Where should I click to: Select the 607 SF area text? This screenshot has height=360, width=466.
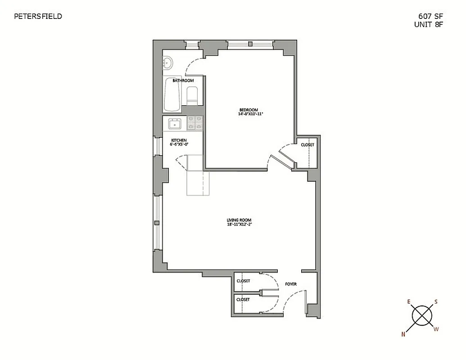click(430, 17)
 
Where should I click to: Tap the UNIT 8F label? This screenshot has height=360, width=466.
click(429, 25)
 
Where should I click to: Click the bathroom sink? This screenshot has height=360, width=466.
click(168, 63)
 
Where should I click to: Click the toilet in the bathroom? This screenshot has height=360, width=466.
click(192, 96)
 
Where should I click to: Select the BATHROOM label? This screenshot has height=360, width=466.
click(183, 81)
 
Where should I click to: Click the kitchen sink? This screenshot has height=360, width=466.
click(174, 123)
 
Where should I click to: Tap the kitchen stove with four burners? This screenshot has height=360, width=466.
click(195, 123)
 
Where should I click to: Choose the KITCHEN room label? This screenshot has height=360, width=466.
click(179, 140)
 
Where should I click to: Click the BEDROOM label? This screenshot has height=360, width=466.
click(249, 110)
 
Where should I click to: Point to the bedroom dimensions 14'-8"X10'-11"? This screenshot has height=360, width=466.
click(250, 114)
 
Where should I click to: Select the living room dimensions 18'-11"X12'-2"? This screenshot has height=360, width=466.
click(239, 225)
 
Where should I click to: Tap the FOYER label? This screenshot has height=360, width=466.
click(291, 284)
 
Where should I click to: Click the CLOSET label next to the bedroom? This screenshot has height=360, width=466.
click(308, 145)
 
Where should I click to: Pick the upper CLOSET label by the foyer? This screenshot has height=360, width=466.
click(243, 281)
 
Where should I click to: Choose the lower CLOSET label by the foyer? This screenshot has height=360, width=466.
click(243, 299)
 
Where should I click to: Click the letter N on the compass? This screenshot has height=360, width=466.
click(404, 334)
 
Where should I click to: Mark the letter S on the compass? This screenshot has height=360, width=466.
click(436, 302)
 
